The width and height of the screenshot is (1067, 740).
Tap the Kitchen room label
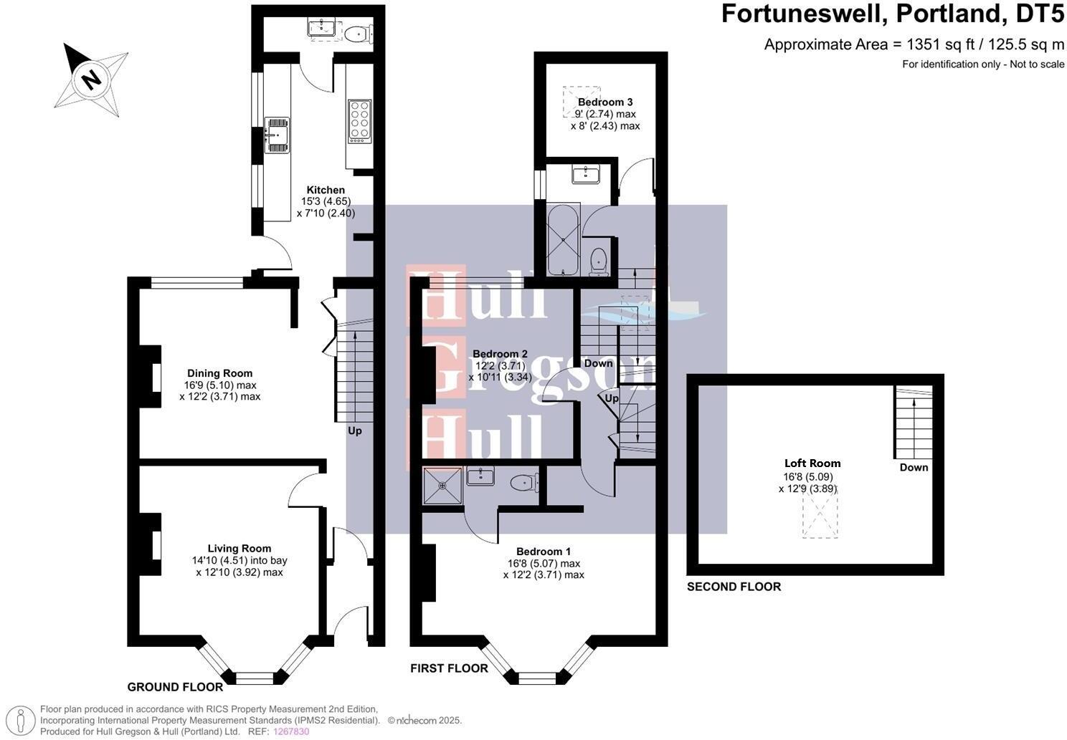pyautogui.click(x=326, y=190)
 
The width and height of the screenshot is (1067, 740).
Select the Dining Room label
pyautogui.click(x=219, y=373)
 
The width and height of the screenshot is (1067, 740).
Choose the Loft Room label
pyautogui.click(x=812, y=463)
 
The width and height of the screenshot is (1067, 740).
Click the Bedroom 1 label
pyautogui.click(x=544, y=552)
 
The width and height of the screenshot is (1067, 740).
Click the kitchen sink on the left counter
pyautogui.click(x=275, y=135)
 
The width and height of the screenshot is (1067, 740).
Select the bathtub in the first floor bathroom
pyautogui.click(x=563, y=241)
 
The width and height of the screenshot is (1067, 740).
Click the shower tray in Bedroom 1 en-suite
pyautogui.click(x=442, y=486)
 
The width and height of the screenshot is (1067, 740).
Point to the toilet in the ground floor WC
pyautogui.click(x=356, y=33)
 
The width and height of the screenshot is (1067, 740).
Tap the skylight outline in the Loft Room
pyautogui.click(x=820, y=516)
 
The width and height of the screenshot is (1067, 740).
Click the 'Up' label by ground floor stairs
pyautogui.click(x=355, y=431)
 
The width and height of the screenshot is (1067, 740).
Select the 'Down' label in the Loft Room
pyautogui.click(x=914, y=468)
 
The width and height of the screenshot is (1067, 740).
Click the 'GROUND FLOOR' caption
pyautogui.click(x=175, y=687)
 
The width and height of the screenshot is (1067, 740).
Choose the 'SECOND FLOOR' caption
pyautogui.click(x=734, y=587)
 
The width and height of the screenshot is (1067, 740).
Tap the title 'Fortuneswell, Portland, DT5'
pyautogui.click(x=893, y=14)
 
